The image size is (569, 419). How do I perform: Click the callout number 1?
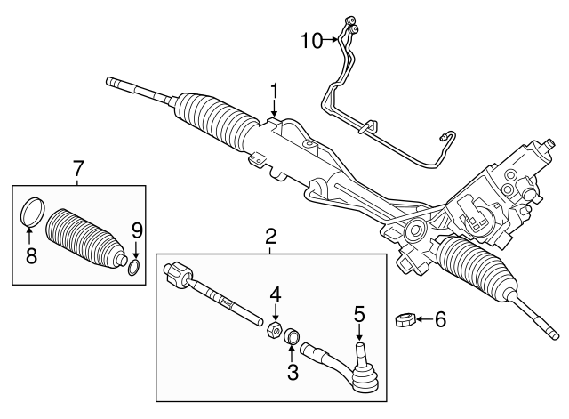click(276, 91)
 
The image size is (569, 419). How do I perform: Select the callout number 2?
click(271, 237)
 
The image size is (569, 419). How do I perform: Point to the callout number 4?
click(276, 293)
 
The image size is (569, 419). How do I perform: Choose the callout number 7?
click(78, 167)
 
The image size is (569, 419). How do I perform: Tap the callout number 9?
click(136, 230)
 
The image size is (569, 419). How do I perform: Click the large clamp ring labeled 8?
click(31, 213)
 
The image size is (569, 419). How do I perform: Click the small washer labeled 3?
click(292, 336)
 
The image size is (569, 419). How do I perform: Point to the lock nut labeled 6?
click(402, 318)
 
